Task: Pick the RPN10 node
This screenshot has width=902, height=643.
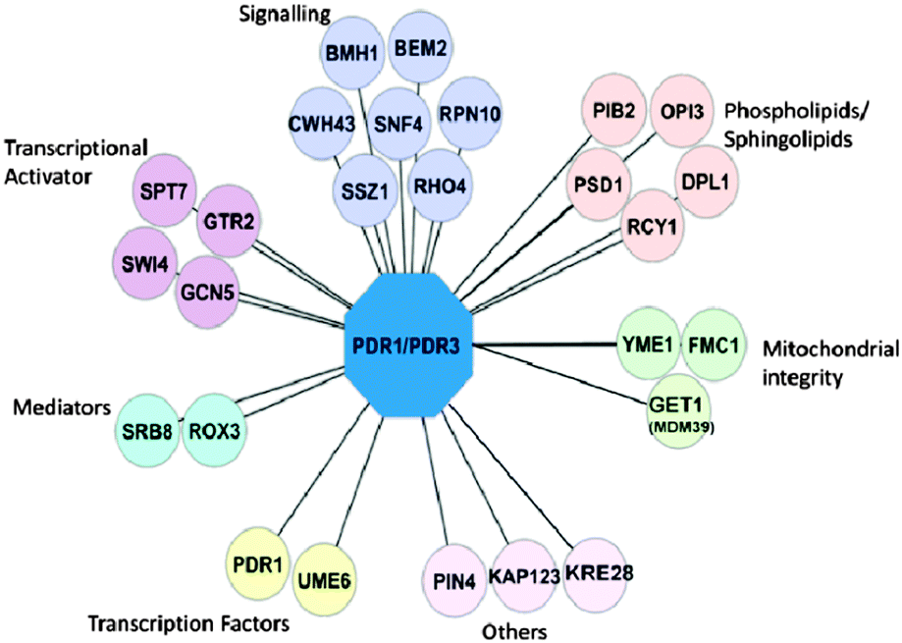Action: (x=469, y=114)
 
